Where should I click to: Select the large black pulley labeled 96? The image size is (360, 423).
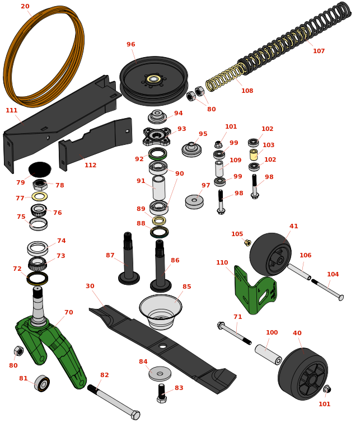point(154,81)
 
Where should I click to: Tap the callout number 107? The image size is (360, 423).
point(319,51)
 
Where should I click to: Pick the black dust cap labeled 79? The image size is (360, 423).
point(40,170)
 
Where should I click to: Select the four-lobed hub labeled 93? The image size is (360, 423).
point(157,136)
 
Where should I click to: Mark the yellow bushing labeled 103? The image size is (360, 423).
point(254,154)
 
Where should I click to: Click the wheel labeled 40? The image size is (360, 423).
point(303,374)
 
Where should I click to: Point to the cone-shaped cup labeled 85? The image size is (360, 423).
point(161,312)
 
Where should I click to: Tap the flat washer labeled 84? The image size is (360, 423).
point(160,374)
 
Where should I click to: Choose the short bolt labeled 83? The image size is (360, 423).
point(162,393)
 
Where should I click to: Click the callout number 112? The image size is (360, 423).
point(90,165)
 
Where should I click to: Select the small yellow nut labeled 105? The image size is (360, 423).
point(247,242)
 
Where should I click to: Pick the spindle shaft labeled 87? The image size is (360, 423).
point(129,258)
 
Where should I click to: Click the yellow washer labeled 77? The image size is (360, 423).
point(40,196)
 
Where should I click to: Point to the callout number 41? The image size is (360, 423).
point(293,226)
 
